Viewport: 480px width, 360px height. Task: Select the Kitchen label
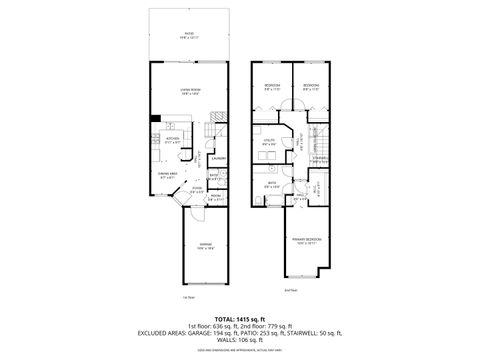172,140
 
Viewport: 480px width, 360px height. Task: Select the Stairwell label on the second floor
320,158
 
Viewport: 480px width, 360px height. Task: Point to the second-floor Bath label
271,183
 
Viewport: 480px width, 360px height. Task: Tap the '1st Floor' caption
188,298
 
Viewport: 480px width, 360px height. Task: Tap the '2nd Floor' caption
292,289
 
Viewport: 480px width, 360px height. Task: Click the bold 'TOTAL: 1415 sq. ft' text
239,318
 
